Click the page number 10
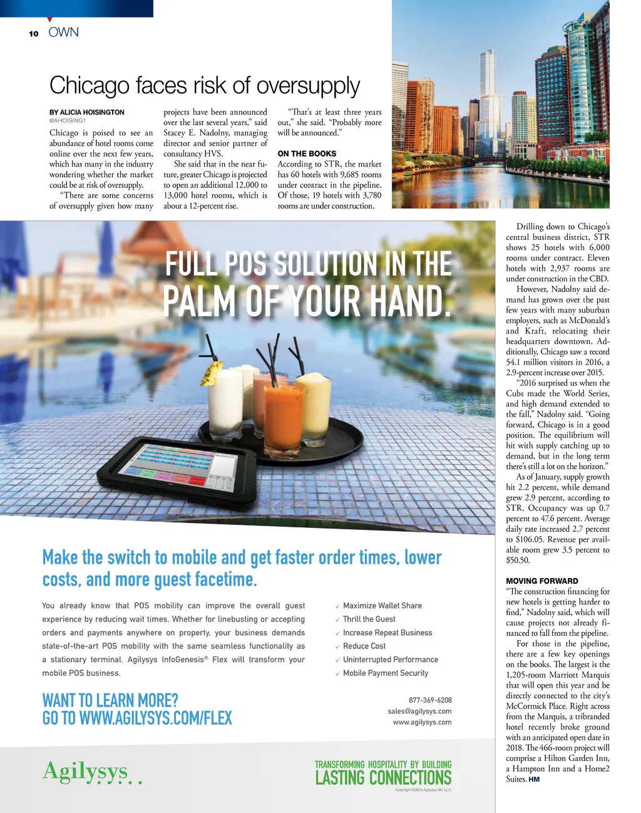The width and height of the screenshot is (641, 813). tap(33, 33)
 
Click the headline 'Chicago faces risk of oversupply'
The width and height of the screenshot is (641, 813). tap(205, 85)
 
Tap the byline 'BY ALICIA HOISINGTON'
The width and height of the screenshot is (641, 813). tap(87, 112)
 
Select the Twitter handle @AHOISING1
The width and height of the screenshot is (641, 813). tap(68, 120)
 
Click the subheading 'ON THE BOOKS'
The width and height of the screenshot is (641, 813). tap(307, 153)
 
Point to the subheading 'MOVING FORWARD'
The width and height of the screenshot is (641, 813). tap(542, 581)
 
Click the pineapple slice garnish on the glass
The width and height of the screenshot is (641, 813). tap(207, 373)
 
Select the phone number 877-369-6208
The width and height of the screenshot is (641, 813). tap(430, 700)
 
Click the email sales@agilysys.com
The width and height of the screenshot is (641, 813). tap(419, 711)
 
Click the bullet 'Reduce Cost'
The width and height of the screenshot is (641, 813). tap(364, 646)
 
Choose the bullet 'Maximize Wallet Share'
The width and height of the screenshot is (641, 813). tap(382, 606)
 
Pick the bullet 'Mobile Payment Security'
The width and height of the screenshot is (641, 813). tap(386, 673)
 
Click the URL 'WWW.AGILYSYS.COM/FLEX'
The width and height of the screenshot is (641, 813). tap(156, 718)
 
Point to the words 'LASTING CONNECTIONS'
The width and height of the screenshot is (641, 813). tap(383, 777)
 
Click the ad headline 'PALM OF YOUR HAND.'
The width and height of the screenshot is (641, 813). tap(307, 301)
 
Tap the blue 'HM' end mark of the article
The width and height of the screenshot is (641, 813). tap(534, 779)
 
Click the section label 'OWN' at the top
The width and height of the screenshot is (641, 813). tap(64, 32)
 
